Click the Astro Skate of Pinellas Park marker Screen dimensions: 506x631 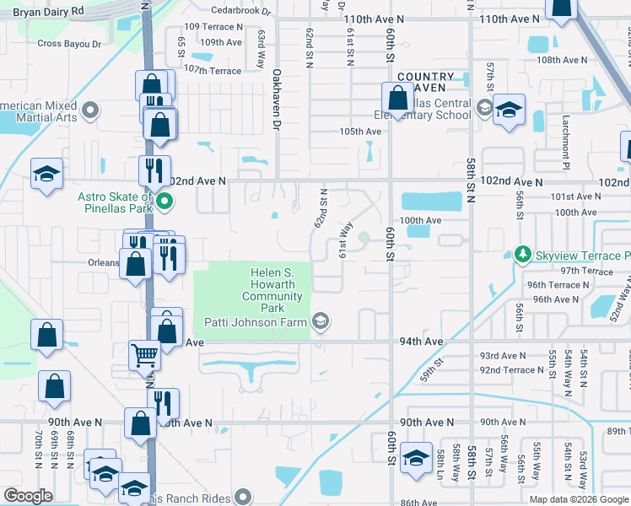165,202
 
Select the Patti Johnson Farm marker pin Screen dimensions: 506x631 320,320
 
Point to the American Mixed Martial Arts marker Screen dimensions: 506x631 90,109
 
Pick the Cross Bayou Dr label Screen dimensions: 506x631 69,43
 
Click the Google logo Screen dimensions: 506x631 28,496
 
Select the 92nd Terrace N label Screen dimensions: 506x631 508,370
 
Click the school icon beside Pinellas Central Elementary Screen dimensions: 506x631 509,110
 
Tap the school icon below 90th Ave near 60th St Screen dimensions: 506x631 416,458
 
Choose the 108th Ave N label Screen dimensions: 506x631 563,60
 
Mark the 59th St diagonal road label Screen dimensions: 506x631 433,368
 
